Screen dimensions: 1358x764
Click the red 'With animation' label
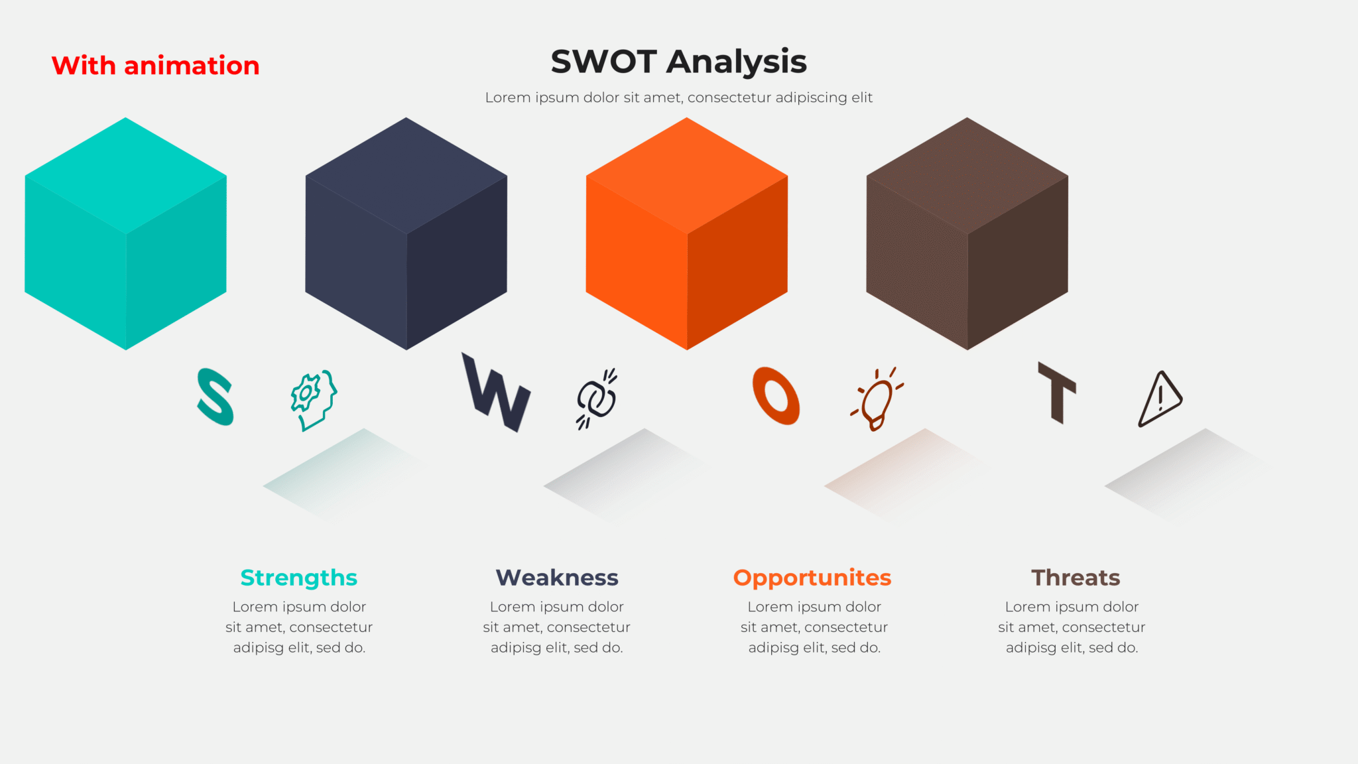155,66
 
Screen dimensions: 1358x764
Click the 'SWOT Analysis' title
678,62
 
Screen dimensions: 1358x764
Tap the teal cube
125,233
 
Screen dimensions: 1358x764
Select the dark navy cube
406,233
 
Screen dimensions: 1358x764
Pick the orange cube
686,233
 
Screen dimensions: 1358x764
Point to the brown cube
967,233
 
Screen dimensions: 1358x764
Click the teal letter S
215,397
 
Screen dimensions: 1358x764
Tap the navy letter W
496,393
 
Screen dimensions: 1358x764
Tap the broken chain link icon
596,399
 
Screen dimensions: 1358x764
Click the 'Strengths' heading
299,578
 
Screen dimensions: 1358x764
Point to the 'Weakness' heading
557,578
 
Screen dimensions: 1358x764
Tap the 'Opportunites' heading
812,578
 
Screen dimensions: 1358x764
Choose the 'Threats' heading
1076,578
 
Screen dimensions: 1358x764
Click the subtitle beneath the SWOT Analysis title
678,97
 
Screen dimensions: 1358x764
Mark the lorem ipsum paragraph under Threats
1072,627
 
